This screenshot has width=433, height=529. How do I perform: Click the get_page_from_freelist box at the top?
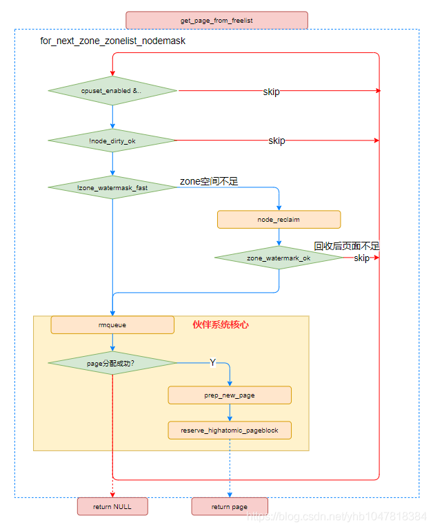(x=216, y=21)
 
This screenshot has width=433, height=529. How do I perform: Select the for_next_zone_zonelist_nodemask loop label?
(x=113, y=41)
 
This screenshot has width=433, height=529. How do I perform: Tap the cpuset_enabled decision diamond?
(x=112, y=91)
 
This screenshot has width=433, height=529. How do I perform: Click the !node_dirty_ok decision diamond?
(x=112, y=141)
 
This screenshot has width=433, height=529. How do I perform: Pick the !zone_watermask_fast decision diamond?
(x=112, y=187)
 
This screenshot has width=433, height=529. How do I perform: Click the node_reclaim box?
(x=279, y=220)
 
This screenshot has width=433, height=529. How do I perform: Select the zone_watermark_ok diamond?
(x=279, y=258)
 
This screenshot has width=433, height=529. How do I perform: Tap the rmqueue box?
(x=112, y=324)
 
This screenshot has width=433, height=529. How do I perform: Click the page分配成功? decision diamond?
(x=112, y=363)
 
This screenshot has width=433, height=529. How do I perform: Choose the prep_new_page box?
(x=230, y=395)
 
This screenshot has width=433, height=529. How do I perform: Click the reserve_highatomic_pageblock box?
(x=230, y=431)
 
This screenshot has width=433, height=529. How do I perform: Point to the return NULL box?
(x=112, y=506)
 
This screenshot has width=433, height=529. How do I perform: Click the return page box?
(x=230, y=506)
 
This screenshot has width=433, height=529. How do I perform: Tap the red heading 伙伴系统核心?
(x=220, y=324)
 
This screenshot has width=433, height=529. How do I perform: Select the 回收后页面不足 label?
(x=347, y=246)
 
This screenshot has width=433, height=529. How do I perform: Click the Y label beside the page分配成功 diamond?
(x=212, y=362)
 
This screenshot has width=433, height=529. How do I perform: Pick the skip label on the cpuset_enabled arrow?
(x=272, y=92)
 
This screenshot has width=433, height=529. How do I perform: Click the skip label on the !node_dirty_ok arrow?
(x=276, y=141)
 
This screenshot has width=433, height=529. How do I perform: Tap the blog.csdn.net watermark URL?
(x=337, y=516)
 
